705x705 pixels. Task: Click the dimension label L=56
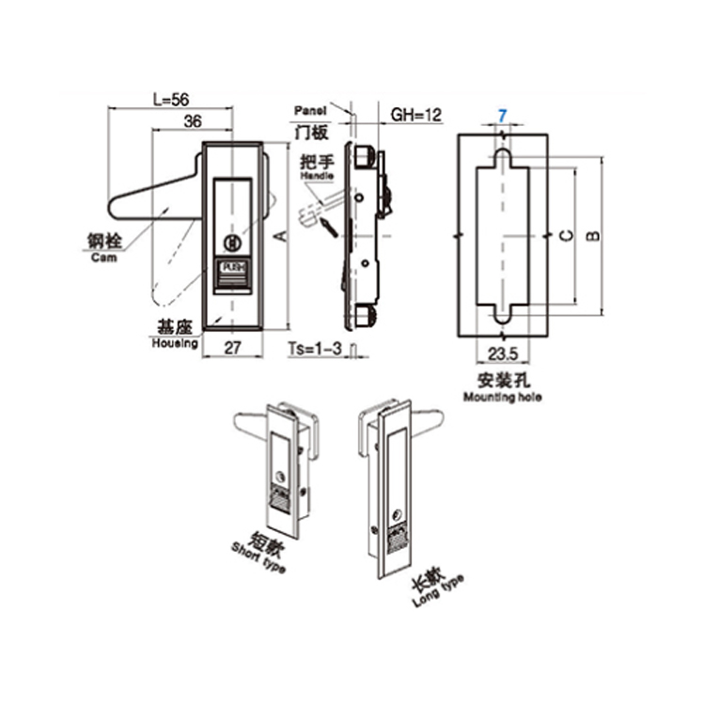click(x=169, y=98)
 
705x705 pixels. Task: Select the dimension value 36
click(x=193, y=120)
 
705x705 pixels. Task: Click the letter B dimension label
click(x=592, y=235)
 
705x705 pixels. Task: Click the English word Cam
click(x=104, y=258)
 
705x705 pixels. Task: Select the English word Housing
click(x=175, y=343)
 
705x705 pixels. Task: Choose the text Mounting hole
click(x=503, y=398)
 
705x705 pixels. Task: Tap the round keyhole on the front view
click(x=232, y=243)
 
